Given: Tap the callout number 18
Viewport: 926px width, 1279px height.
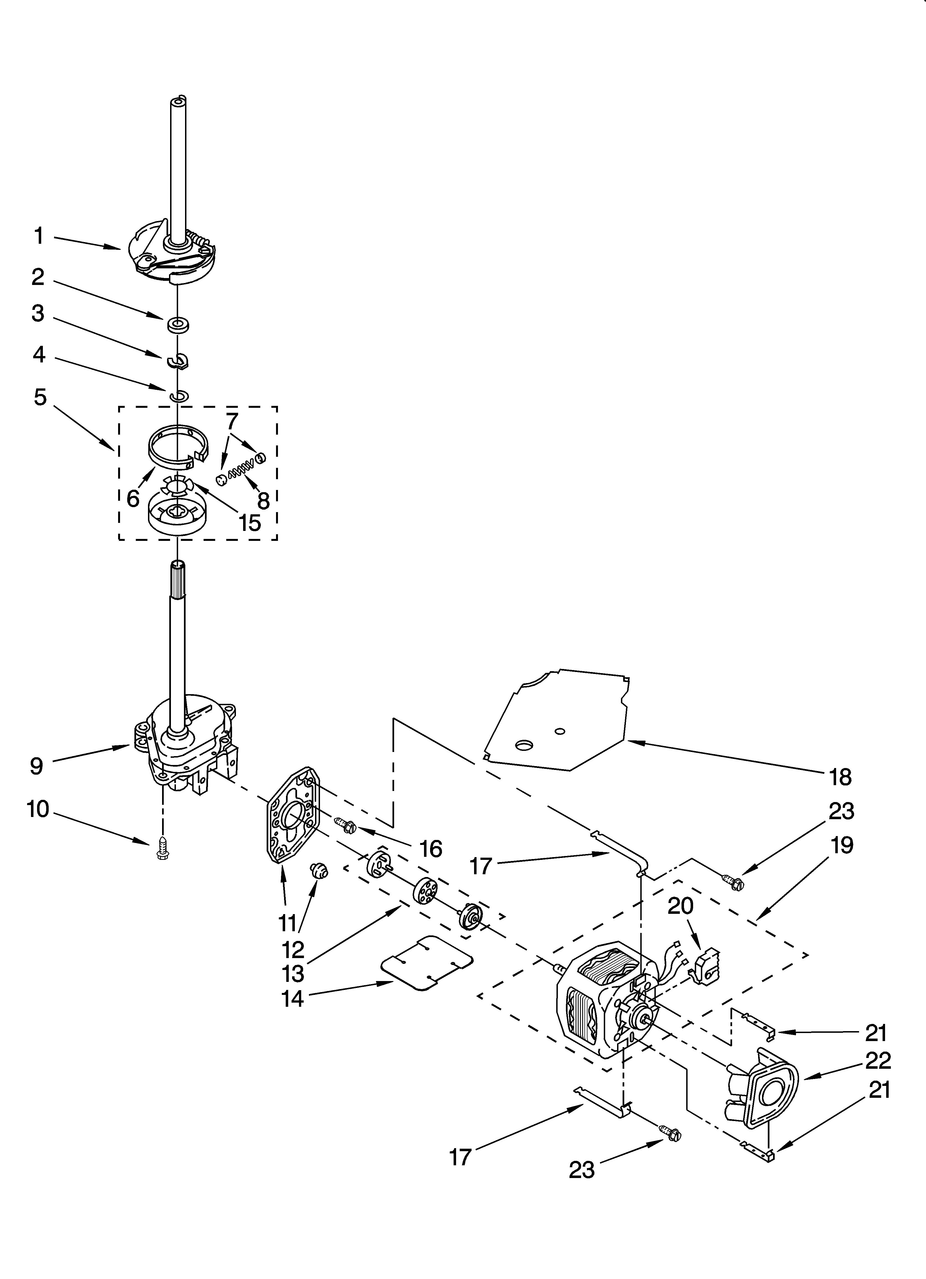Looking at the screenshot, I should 840,777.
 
